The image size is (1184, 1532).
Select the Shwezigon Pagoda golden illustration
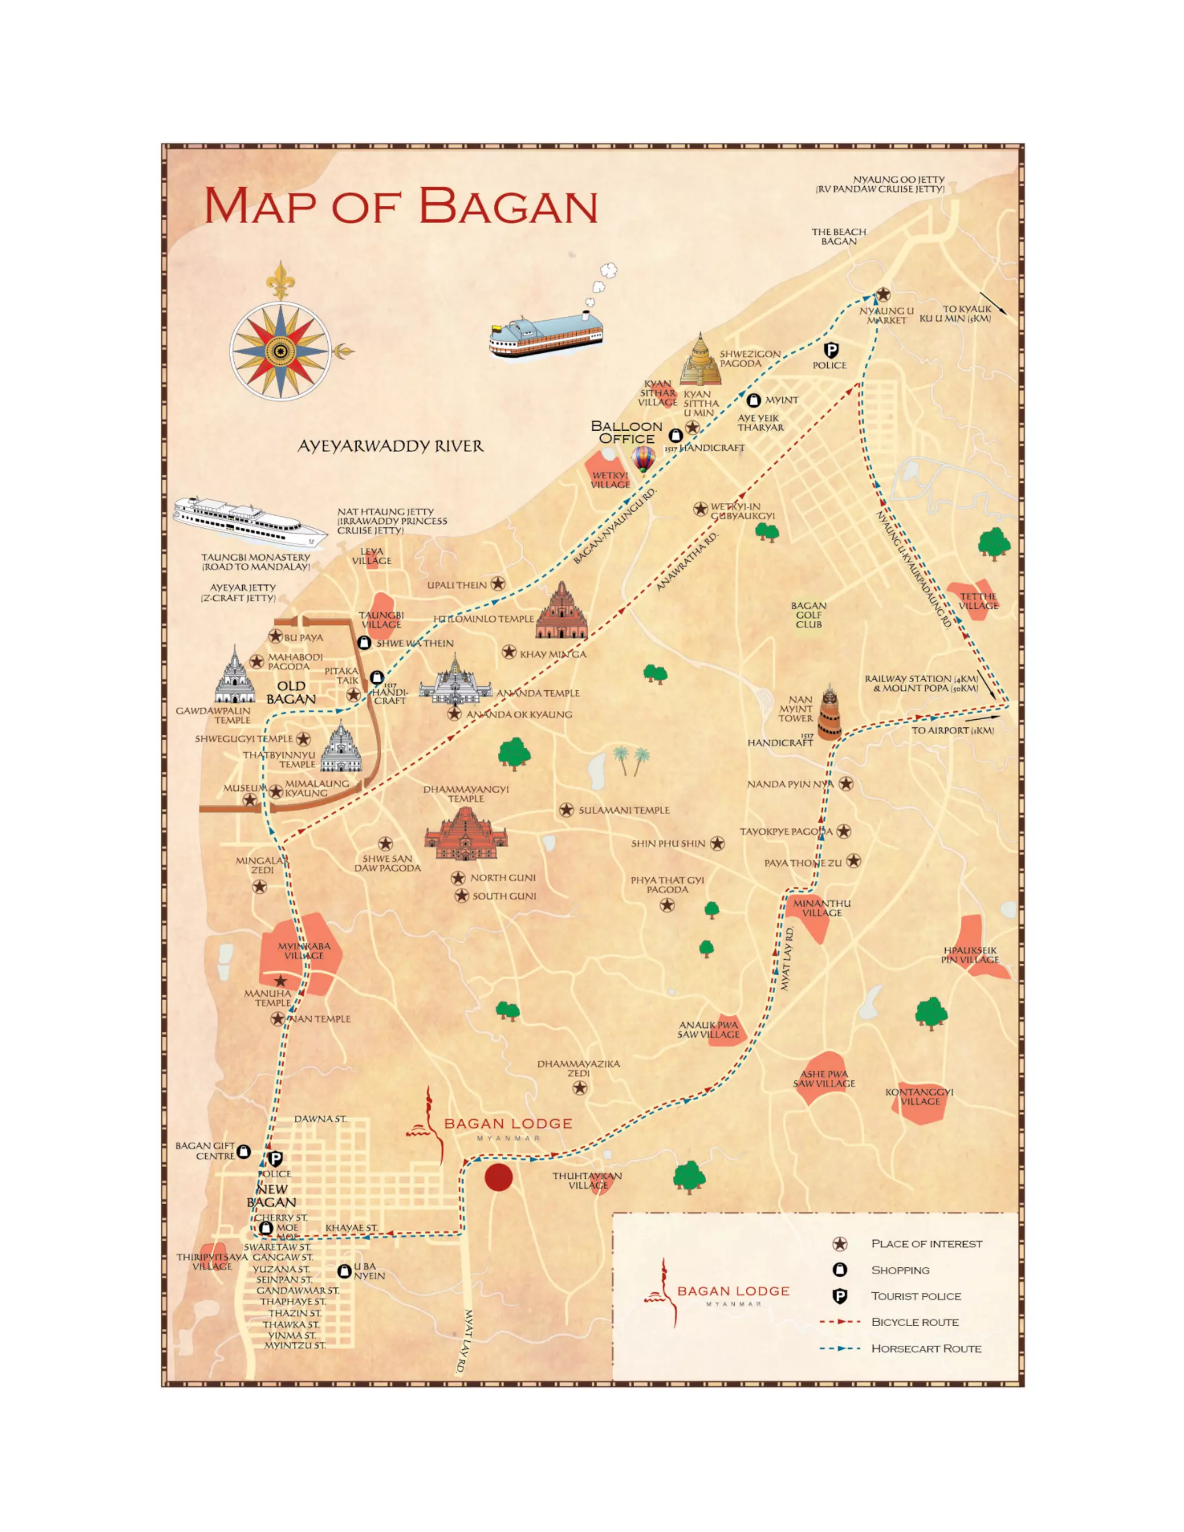700,362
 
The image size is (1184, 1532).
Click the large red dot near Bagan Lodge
499,1177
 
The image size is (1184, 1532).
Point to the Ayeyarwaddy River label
390,446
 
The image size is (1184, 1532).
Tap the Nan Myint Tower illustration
829,713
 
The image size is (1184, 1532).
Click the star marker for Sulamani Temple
566,810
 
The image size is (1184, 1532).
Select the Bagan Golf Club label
808,615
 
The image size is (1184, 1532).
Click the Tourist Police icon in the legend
839,1296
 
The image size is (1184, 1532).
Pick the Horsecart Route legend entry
926,1348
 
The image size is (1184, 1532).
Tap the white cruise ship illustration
249,522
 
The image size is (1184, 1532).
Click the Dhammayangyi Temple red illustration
466,835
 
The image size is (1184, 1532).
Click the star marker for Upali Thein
498,584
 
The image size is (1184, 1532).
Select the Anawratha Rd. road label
687,561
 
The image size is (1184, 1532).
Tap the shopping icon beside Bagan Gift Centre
243,1151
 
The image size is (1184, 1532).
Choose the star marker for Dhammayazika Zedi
579,1087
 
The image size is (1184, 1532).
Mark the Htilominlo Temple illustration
561,612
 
